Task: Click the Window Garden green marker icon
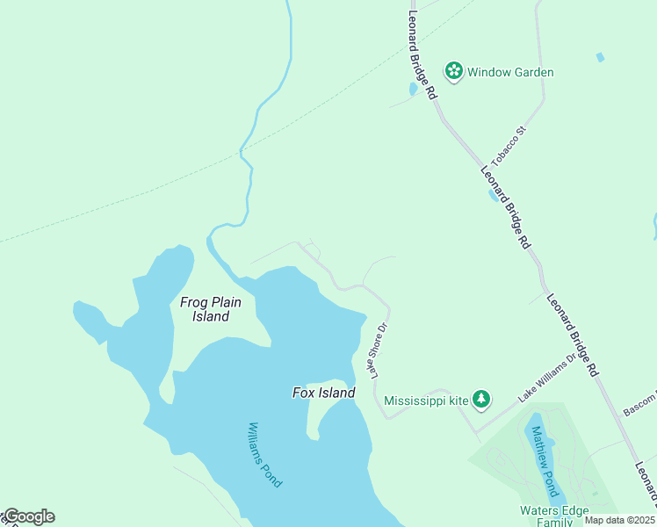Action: coord(453,71)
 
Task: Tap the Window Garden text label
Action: coord(510,72)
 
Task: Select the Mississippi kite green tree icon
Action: coord(481,400)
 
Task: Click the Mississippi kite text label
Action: coord(427,400)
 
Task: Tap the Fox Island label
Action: coord(323,393)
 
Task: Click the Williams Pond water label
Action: coord(264,455)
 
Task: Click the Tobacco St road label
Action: coord(508,147)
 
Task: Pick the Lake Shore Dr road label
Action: coord(379,350)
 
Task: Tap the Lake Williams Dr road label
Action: coord(546,379)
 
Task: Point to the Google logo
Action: coord(28,516)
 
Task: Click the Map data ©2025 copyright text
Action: coord(619,520)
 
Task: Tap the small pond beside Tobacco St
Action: coord(494,195)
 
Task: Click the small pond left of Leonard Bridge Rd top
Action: coord(413,89)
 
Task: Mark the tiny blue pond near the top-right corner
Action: coord(600,57)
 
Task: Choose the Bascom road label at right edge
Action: coord(639,408)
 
